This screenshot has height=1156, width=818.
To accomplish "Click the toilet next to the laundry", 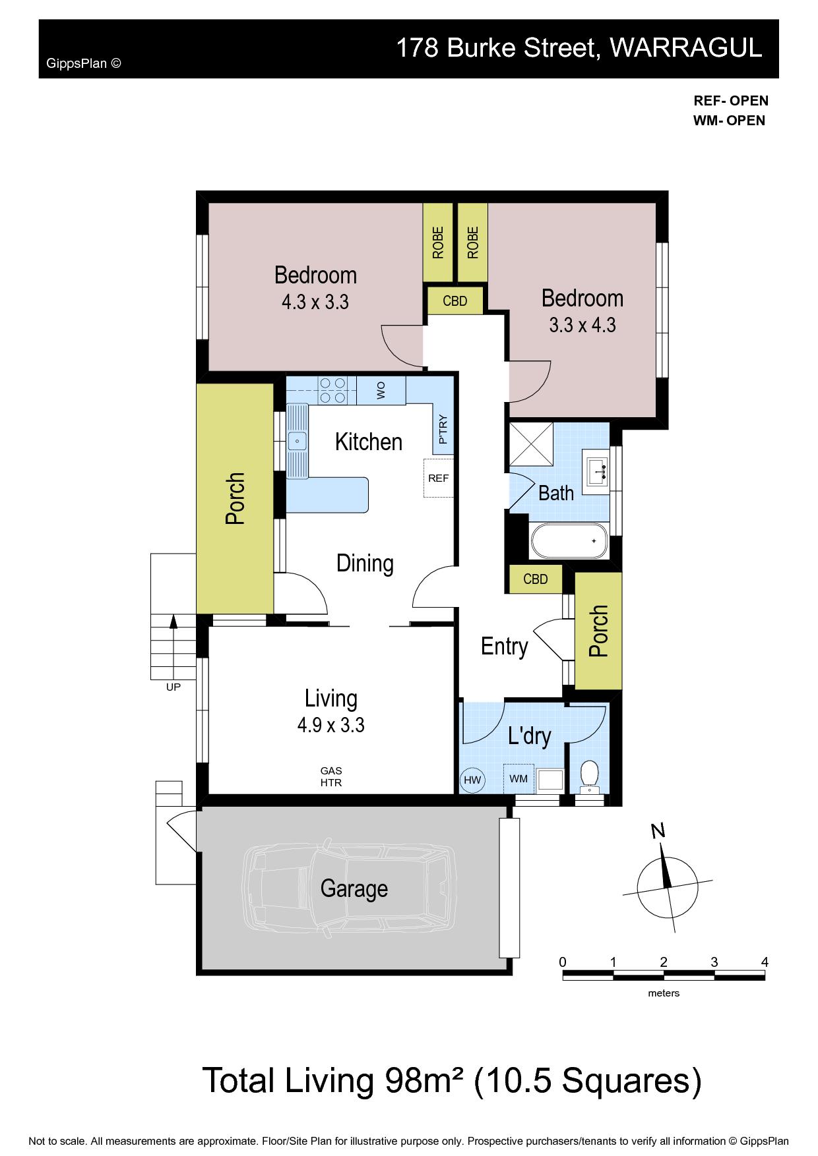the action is (588, 777).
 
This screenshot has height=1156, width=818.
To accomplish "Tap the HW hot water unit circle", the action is (472, 780).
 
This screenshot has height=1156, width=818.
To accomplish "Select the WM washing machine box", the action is (519, 778).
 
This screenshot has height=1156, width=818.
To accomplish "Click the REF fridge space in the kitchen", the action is (438, 478).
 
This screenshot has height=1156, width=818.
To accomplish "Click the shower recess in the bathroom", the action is (530, 445).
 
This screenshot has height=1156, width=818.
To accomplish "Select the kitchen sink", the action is (298, 440).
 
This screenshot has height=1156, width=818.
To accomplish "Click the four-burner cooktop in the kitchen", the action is (333, 390).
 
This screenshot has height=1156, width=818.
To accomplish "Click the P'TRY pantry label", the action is (443, 429).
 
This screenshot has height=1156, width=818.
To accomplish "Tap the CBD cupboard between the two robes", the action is (455, 301).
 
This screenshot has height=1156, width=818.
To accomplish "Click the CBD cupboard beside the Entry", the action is (536, 579).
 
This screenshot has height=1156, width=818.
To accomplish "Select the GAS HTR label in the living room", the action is (331, 777).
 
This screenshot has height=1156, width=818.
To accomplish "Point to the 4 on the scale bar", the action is (765, 962).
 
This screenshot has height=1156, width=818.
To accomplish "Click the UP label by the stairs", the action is (173, 687).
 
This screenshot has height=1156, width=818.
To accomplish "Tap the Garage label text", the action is (354, 888).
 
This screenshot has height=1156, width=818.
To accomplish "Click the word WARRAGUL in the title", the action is (686, 47).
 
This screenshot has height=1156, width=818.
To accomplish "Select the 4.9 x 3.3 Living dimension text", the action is (331, 726).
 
